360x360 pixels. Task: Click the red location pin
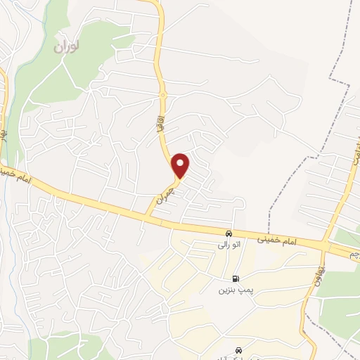181,165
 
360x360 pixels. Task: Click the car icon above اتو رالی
229,233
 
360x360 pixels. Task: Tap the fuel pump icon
235,278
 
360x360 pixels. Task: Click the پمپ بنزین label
234,289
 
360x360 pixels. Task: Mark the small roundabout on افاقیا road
162,94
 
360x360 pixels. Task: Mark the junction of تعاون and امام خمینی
324,245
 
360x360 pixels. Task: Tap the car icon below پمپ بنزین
238,349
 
